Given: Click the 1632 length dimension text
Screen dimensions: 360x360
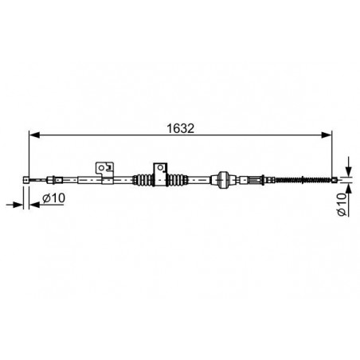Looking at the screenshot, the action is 181,128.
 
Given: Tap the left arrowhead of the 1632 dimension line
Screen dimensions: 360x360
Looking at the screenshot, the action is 34,135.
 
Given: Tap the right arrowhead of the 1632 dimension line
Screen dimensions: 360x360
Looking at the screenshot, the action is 327,135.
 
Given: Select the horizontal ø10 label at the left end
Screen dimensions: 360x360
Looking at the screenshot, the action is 53,198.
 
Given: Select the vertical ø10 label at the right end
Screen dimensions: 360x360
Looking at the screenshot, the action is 342,205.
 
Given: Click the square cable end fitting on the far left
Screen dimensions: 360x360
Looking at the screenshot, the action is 26,180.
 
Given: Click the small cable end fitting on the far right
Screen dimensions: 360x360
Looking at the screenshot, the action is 335,180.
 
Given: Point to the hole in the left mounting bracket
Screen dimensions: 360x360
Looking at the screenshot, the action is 101,168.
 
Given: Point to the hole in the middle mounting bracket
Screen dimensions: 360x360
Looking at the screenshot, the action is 160,167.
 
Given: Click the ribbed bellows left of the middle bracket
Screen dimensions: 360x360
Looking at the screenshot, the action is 143,180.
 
